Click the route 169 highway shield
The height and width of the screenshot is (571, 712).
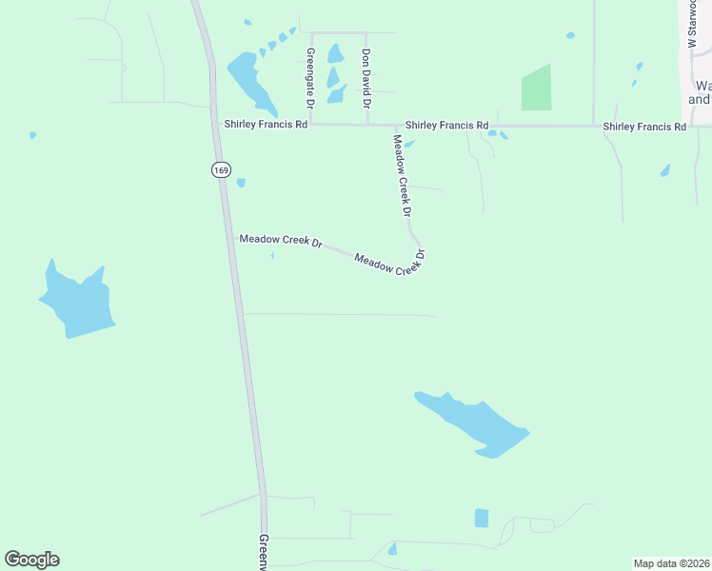(221, 169)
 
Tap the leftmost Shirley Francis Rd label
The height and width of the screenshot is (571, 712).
(266, 124)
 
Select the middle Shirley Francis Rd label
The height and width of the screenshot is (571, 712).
(446, 126)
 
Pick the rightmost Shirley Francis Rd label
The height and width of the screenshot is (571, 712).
(644, 127)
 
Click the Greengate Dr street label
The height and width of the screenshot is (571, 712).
(310, 78)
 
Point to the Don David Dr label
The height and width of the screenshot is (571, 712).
(366, 78)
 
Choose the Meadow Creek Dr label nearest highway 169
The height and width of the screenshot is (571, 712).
(281, 242)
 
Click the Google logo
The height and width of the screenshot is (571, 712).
(31, 560)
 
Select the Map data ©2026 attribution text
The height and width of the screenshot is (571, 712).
(671, 563)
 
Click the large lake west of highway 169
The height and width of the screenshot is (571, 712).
(78, 300)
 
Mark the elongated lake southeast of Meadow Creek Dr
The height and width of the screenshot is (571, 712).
(472, 424)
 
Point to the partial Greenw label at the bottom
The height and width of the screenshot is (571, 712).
(265, 552)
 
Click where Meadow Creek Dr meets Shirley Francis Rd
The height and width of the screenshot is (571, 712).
(396, 126)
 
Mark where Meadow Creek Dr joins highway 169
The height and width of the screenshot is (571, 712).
(233, 238)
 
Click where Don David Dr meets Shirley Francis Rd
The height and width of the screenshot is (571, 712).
(367, 125)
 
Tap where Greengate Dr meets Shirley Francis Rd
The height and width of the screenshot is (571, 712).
(311, 124)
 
